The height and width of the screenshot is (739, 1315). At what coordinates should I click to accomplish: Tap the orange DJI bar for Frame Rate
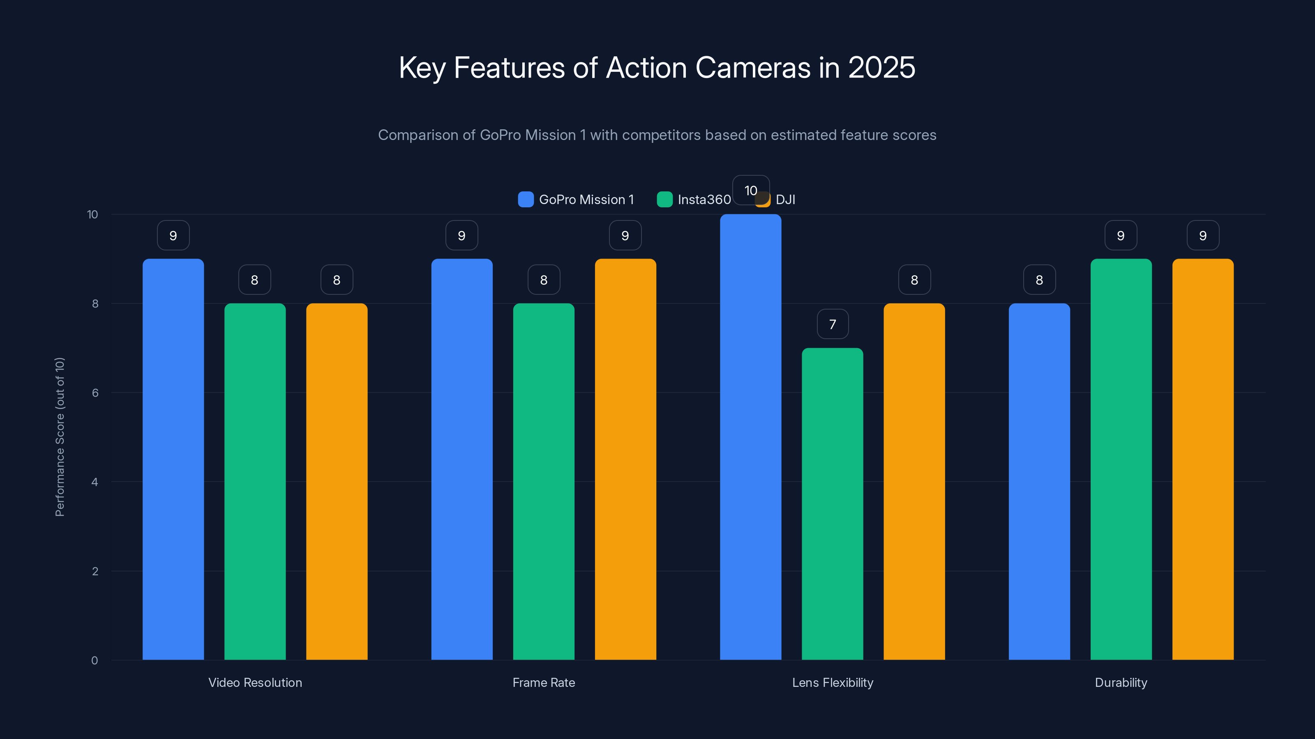coord(625,459)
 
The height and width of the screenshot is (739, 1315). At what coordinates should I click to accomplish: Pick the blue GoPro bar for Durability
coord(1039,482)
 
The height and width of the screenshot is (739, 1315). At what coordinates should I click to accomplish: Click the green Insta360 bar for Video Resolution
coord(255,482)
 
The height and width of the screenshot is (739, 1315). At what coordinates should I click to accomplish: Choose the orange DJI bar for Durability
coord(1203,459)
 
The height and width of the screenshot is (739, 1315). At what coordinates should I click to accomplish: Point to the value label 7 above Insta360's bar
coord(833,324)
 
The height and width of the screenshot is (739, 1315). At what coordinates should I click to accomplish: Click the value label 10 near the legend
coord(750,190)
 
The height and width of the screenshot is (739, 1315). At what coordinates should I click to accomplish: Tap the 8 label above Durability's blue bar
coord(1039,280)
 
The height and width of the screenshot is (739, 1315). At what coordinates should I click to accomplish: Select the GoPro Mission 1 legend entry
coord(577,200)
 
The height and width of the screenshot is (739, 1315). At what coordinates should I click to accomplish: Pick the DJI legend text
coord(785,200)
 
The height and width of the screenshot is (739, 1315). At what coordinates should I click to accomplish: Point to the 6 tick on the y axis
coord(95,393)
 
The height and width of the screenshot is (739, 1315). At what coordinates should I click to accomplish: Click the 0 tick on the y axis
coord(95,661)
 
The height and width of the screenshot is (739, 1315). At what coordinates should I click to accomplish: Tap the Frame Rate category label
coord(544,682)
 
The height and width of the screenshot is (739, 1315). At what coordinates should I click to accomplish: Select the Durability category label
coord(1121,682)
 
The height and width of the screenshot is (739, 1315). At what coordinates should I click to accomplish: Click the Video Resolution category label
coord(255,682)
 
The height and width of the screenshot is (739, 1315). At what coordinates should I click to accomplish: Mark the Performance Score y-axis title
coord(60,437)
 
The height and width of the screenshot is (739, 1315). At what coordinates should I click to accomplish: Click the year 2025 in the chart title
coord(881,67)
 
